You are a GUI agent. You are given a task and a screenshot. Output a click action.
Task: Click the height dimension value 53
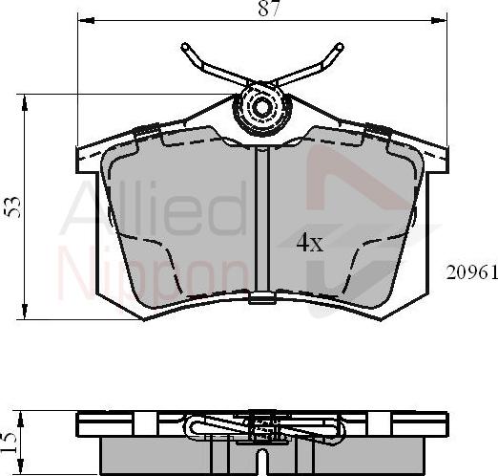coord(12,206)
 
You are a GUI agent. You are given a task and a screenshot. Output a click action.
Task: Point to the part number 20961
coord(471,271)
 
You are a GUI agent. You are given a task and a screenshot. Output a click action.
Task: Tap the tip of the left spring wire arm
coord(181,46)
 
